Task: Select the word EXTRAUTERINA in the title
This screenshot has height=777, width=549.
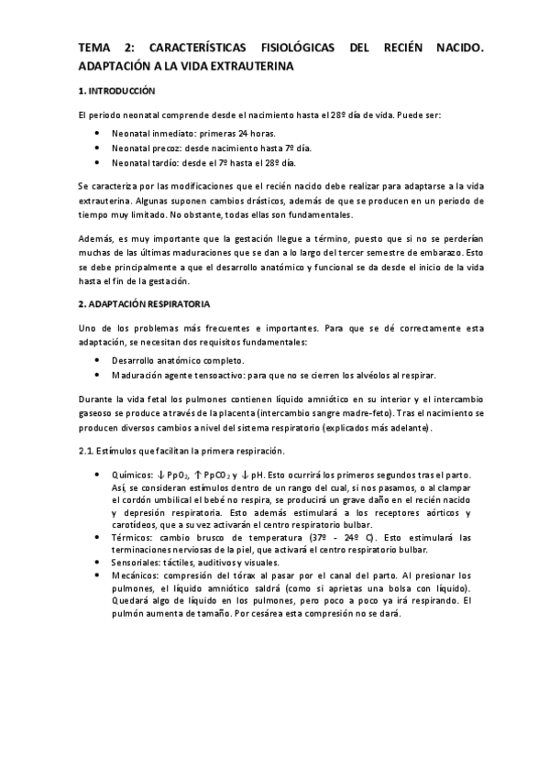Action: coord(248,67)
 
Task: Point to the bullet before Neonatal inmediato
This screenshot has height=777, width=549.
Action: coord(99,133)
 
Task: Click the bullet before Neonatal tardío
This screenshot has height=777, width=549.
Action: coord(99,163)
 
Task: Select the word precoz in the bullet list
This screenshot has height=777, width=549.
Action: coord(168,148)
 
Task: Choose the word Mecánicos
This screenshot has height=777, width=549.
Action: coord(136,575)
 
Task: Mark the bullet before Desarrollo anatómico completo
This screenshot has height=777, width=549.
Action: coord(99,360)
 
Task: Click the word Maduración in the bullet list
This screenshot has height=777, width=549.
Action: coord(138,376)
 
